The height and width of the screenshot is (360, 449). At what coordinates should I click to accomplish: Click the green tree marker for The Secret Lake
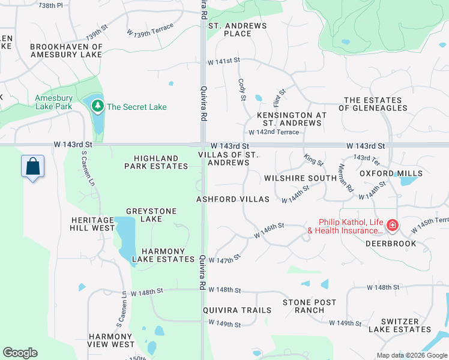[98, 107]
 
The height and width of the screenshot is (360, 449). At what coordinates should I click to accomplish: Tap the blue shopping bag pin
[32, 166]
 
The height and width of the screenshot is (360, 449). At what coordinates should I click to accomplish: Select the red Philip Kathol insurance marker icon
[392, 226]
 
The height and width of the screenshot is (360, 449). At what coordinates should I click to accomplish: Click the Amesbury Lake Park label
[53, 102]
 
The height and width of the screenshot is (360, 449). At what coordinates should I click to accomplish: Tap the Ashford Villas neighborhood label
[233, 199]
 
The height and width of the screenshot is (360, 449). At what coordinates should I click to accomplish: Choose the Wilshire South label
[300, 178]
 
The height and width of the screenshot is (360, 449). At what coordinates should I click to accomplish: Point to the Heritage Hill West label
[92, 224]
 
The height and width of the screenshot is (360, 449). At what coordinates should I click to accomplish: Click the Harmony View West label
[112, 340]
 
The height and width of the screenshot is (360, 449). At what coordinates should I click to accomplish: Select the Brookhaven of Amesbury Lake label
[66, 50]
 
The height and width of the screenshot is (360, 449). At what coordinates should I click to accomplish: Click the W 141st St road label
[223, 61]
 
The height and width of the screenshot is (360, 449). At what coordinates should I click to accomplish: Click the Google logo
[20, 353]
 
